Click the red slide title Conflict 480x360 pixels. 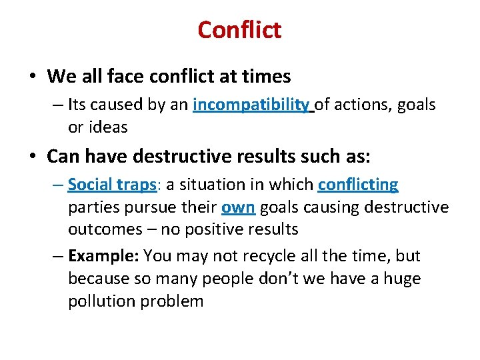coord(239,29)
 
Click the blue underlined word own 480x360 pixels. coord(238,207)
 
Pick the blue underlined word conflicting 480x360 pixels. coord(358,185)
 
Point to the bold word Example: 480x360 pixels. coord(104,256)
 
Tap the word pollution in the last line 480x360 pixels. coord(102,301)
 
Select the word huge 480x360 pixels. coord(400,278)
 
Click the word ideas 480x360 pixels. coord(108,127)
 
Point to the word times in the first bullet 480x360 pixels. coord(267,77)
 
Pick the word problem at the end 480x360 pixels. coord(172,301)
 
